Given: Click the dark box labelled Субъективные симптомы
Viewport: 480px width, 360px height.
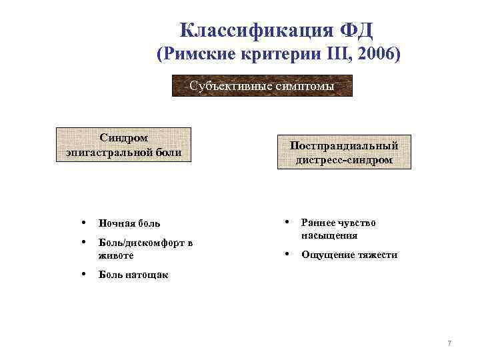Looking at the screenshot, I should [262, 85].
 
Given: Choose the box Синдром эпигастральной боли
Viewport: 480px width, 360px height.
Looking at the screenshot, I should [124, 145].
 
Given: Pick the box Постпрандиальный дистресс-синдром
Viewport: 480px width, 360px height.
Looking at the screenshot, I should [344, 153].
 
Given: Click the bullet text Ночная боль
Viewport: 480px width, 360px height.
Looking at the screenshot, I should [129, 223].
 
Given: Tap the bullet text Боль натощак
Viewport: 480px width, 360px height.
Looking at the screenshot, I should [133, 274].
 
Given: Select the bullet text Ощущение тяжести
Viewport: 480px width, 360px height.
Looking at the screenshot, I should [349, 255].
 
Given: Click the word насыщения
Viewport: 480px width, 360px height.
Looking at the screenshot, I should [329, 235].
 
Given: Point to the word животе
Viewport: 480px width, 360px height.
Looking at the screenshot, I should [116, 255].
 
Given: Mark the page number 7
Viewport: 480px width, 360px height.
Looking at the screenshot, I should [449, 343].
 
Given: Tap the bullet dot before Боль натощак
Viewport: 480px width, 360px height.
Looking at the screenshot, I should [81, 273].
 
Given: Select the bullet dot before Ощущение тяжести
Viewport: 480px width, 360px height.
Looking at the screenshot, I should [286, 254].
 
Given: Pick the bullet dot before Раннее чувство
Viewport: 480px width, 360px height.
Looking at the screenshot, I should [286, 222].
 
